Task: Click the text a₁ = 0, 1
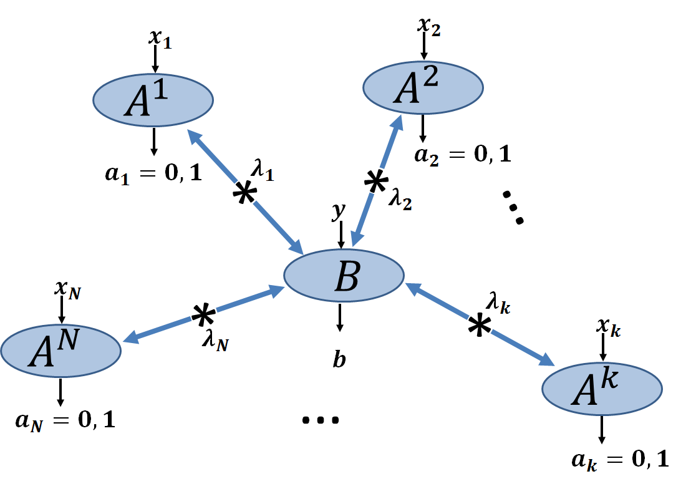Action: tap(153, 174)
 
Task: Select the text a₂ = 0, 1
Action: tap(463, 153)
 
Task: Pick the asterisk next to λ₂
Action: tap(375, 183)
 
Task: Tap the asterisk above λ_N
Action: tap(202, 316)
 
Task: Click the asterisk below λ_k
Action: tap(479, 326)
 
